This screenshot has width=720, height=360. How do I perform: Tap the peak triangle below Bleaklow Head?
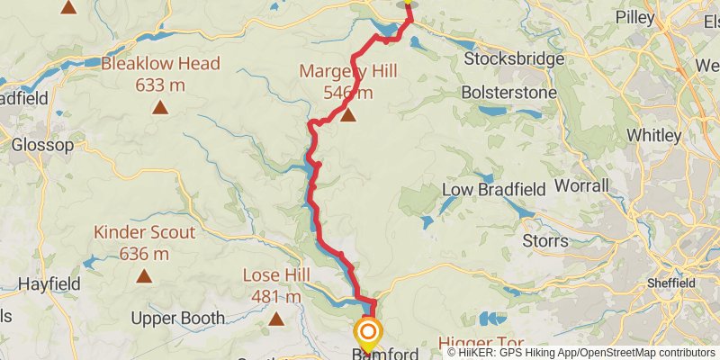(x=160, y=108)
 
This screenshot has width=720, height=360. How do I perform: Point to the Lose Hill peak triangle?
(x=276, y=318)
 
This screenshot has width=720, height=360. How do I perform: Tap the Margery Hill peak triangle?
(x=347, y=114)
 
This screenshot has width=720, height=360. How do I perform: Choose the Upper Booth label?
(x=177, y=319)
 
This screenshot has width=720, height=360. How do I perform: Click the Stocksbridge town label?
(x=514, y=59)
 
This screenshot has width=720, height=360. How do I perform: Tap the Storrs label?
(x=545, y=240)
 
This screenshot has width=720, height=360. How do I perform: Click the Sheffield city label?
(x=671, y=283)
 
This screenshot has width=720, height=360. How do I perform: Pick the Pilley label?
(x=635, y=16)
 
